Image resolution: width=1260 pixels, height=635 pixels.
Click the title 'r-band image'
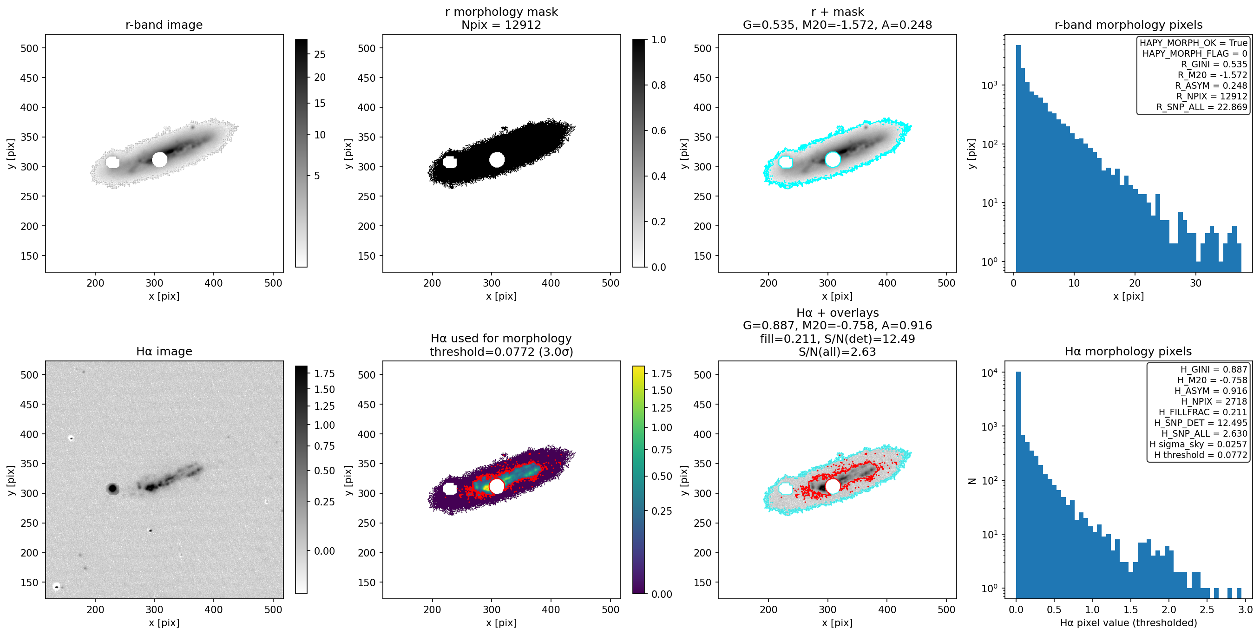point(164,25)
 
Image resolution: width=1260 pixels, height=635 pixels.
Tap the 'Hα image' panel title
point(164,351)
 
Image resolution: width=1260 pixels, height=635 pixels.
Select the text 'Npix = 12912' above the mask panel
point(501,25)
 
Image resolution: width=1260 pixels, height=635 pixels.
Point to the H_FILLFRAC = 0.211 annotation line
point(1203,412)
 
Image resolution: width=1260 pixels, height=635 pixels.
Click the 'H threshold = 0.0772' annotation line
point(1201,455)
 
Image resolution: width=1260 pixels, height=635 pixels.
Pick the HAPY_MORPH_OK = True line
point(1194,43)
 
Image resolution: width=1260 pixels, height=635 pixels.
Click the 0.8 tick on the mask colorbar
point(659,85)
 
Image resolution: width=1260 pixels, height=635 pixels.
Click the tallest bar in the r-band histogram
point(1018,158)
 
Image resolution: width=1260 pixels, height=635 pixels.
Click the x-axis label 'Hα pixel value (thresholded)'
point(1129,623)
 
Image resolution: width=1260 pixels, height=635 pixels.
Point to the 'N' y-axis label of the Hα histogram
point(972,481)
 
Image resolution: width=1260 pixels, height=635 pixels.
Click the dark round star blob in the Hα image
point(113,488)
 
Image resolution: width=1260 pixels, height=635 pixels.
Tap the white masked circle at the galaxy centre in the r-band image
point(159,159)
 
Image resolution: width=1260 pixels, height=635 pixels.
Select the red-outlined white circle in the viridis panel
point(497,486)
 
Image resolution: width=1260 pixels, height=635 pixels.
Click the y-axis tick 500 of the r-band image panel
point(29,48)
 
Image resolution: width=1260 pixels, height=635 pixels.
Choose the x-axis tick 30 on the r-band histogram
point(1195,283)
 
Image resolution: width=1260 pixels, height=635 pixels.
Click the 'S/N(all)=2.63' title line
point(837,352)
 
